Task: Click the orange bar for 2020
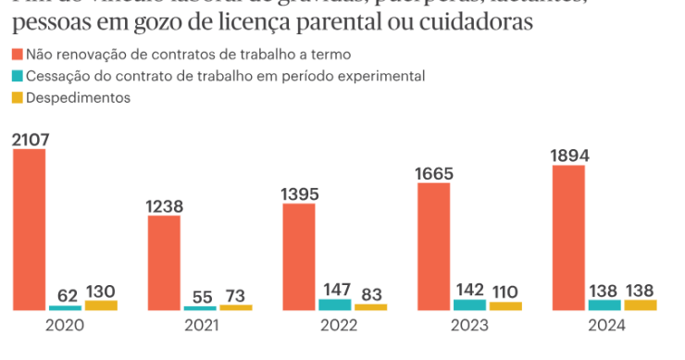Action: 29,230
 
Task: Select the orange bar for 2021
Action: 164,263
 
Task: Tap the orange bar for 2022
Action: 299,256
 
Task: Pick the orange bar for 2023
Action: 433,246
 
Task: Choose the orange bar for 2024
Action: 568,238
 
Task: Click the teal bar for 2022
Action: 334,304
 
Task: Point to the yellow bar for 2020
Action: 101,305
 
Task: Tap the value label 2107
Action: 31,140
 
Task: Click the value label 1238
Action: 165,206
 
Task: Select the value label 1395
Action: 299,194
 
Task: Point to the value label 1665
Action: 434,173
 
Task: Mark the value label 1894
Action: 568,155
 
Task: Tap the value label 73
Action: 236,295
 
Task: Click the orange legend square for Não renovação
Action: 18,56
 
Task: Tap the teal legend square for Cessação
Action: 18,77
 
